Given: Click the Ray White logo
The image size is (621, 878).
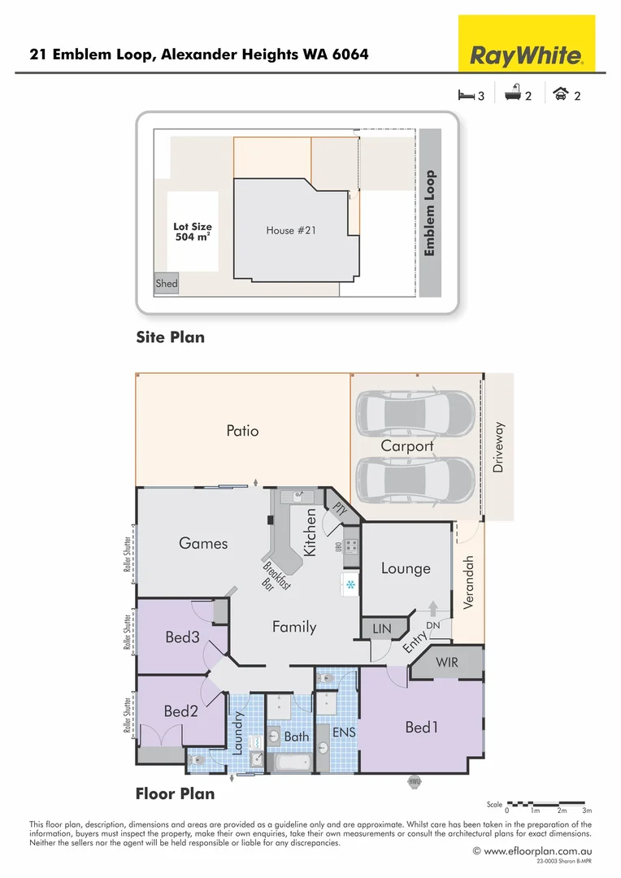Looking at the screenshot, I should point(527,56).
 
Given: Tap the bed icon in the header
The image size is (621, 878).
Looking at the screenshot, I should point(466,95).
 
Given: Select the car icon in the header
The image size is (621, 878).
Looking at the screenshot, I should point(559,95).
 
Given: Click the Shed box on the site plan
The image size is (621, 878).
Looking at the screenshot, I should point(167,284).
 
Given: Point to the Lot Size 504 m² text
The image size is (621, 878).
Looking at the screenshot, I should point(193,233).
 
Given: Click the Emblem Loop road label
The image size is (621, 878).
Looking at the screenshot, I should point(430,213).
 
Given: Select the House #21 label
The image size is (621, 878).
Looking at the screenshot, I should point(291,231).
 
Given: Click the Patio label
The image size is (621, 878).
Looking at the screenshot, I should point(242,431).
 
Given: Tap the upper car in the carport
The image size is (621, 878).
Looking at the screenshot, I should point(415,413).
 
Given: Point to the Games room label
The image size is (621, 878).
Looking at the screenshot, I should point(203,543).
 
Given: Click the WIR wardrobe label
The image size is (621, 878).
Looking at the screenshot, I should point(447,663).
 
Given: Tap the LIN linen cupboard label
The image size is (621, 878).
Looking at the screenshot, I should point(382,629).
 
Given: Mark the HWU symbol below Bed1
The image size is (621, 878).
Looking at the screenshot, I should point(415,781).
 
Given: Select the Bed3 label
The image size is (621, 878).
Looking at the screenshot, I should point(182,637).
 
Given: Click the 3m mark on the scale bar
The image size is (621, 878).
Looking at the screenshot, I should point(587,811).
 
